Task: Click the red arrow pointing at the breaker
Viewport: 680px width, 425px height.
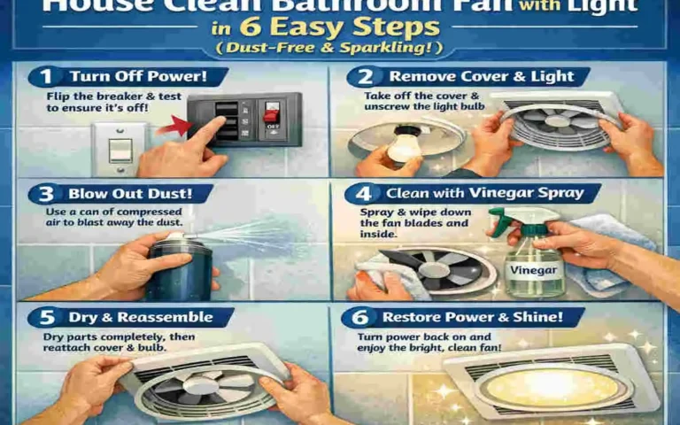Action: [182, 130]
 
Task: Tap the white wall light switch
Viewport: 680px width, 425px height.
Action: [120, 147]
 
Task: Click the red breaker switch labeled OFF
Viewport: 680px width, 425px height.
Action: [272, 115]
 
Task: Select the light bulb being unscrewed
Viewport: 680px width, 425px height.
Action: [406, 142]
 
